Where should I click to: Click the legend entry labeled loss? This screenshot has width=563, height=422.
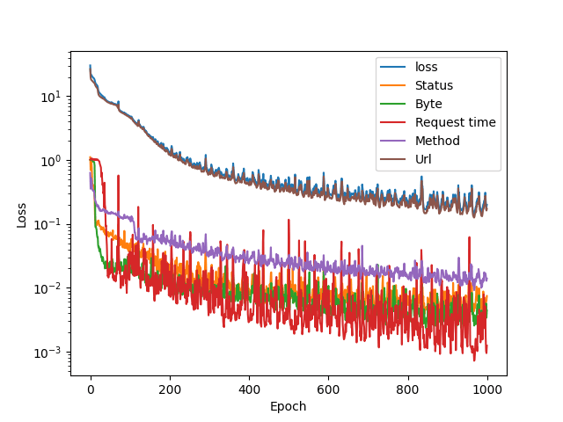coord(427,67)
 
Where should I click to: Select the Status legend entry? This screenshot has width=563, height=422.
coord(435,85)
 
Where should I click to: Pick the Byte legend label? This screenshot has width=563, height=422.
coord(429,104)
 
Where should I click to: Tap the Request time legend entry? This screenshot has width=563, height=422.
coord(456,122)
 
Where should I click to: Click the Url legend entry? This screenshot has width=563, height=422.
coord(424,159)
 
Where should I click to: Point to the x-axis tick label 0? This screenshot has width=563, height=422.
coord(91,389)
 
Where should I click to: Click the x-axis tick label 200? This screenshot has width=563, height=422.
coord(170,389)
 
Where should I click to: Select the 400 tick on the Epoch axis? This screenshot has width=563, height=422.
coord(249,389)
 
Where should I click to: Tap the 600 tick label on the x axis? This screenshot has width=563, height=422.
coord(328,389)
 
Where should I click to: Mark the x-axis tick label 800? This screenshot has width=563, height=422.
coord(407,389)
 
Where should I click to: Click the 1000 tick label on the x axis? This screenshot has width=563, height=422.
coord(486,389)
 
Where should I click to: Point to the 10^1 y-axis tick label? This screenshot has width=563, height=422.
coord(51,96)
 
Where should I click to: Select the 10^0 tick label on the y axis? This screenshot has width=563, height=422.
coord(51,160)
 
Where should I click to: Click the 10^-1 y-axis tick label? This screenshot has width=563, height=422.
coord(49,224)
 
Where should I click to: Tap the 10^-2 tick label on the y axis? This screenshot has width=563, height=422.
coord(49,288)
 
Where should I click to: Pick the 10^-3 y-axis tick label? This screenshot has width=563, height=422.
coord(49,353)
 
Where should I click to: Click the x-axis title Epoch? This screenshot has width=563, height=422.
coord(289,406)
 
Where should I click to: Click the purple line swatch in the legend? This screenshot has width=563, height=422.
coord(392,141)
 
